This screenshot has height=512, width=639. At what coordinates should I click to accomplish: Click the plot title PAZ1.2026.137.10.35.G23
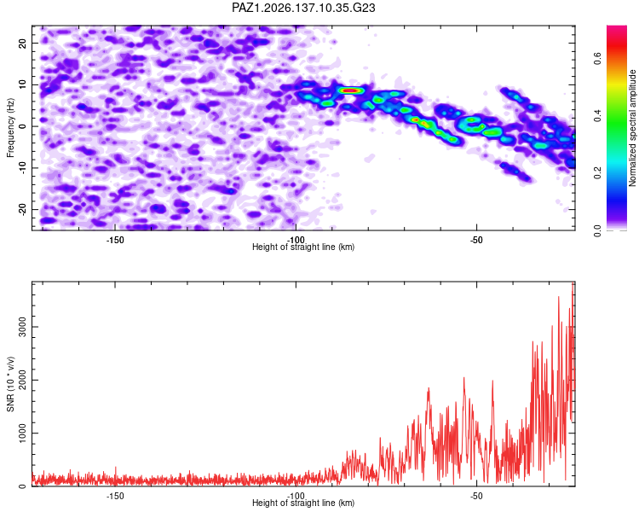tap(303, 8)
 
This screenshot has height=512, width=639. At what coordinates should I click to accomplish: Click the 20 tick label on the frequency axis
tap(23, 43)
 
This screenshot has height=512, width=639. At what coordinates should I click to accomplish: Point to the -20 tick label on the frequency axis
tap(23, 209)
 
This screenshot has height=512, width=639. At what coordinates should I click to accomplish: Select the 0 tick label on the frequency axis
tap(23, 126)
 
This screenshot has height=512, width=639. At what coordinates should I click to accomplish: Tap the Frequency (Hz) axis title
tap(10, 128)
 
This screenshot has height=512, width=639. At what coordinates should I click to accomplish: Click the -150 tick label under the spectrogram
tap(115, 240)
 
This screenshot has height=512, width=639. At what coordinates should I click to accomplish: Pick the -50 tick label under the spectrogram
tap(476, 240)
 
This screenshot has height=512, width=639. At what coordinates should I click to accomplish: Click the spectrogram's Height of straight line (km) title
tap(303, 247)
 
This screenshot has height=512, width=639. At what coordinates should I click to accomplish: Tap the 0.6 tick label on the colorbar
tap(597, 58)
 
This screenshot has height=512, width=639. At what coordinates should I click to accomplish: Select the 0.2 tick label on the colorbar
tap(597, 172)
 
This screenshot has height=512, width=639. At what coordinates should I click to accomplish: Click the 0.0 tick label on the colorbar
tap(597, 230)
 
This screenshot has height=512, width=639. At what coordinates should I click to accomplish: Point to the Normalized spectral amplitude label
tap(632, 128)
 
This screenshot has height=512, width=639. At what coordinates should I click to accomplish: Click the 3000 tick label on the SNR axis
tap(23, 327)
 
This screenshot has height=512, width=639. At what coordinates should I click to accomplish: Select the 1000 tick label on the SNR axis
tap(23, 433)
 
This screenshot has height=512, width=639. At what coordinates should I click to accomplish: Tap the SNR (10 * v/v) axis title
tap(10, 384)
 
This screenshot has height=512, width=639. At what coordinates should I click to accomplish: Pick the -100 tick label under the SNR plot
tap(296, 496)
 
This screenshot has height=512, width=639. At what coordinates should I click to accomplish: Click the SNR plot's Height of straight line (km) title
tap(303, 503)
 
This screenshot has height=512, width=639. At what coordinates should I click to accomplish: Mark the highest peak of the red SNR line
tap(573, 283)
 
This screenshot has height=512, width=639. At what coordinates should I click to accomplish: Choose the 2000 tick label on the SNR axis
tap(23, 380)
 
